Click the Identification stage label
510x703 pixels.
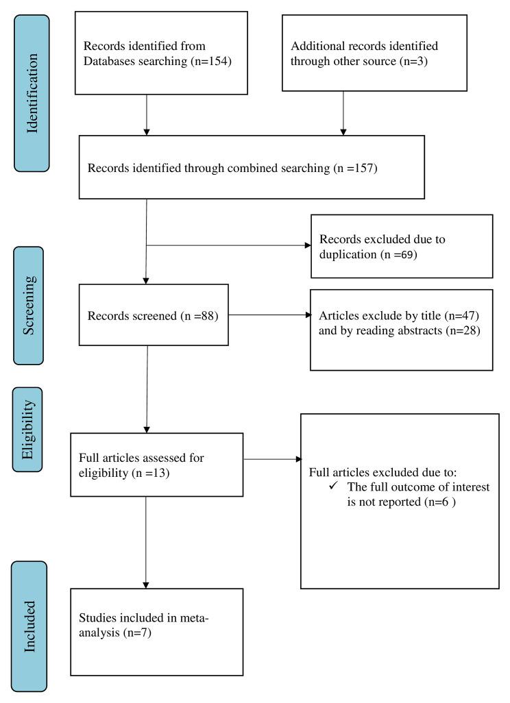(32, 93)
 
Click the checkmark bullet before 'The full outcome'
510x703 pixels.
(334, 486)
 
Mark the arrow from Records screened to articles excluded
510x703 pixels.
(306, 316)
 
